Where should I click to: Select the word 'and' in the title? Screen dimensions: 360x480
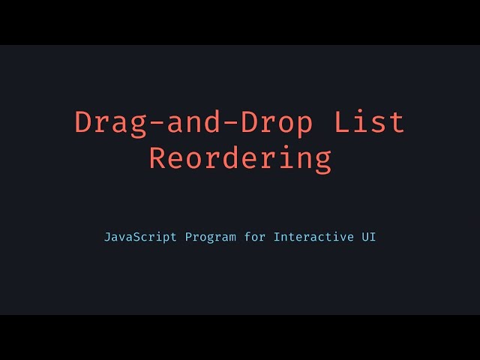click(x=194, y=122)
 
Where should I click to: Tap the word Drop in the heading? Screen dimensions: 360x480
click(x=277, y=122)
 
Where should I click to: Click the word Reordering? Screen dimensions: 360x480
click(x=240, y=159)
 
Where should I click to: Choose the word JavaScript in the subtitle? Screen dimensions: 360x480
click(x=140, y=237)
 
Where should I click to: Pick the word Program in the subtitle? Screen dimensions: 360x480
click(x=210, y=237)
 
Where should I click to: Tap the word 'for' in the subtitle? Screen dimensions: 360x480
click(x=256, y=237)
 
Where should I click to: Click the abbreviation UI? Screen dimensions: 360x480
click(x=369, y=237)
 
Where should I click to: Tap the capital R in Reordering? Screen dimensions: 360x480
click(x=157, y=159)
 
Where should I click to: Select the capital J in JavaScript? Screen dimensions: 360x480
click(x=107, y=237)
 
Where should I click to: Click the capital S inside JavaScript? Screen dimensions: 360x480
click(x=136, y=237)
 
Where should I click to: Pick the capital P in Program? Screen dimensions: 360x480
click(x=188, y=237)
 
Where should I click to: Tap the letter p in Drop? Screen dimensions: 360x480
click(x=304, y=125)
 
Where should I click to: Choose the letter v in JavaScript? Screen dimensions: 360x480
click(x=121, y=238)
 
